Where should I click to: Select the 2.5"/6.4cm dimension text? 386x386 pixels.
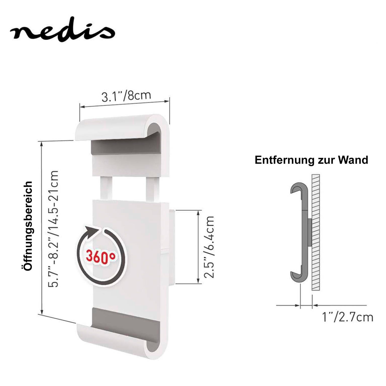(209, 247)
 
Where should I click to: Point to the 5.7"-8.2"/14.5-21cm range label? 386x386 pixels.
(54, 229)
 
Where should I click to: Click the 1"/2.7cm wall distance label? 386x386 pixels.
(348, 317)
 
